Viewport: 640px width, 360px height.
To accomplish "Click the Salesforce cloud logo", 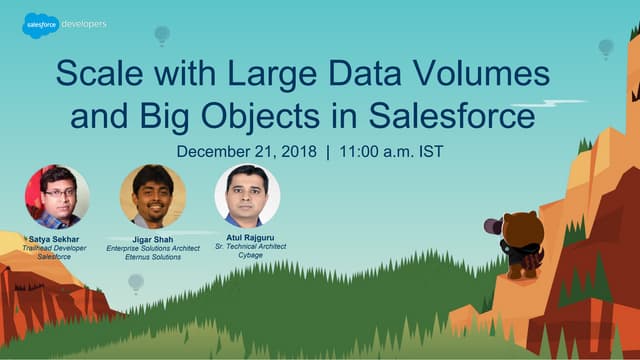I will click(40, 24).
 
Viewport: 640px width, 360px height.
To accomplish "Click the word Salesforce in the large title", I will click(451, 115).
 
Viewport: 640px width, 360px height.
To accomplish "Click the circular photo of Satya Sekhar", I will click(57, 197).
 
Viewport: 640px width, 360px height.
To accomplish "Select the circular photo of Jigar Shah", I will click(152, 197).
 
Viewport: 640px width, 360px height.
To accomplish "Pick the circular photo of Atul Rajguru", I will click(247, 195).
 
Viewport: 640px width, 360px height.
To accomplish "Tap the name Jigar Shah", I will click(153, 238).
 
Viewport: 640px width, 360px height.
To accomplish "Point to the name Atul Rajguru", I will click(247, 233).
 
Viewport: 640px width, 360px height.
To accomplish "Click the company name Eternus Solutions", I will click(153, 257).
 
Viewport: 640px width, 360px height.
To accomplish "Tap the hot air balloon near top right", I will click(605, 47).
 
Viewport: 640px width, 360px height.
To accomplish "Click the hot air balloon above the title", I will click(162, 36).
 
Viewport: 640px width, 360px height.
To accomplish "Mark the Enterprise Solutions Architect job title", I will click(153, 248).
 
